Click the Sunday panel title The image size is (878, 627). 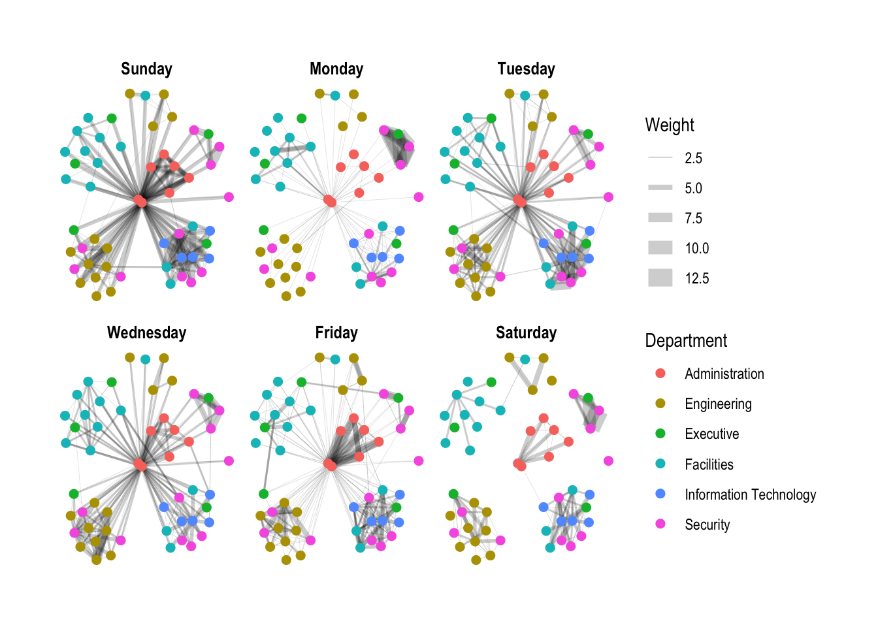(146, 69)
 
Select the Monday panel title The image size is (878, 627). (336, 69)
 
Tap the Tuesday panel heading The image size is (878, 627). (526, 69)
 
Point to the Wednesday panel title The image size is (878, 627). (146, 333)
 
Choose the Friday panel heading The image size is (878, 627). (336, 333)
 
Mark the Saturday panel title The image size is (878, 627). (526, 333)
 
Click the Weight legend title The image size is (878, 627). (670, 125)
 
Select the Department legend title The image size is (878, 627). (686, 341)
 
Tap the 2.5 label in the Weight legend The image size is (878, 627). (693, 158)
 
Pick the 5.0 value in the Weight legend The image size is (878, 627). (693, 188)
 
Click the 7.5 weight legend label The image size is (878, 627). (693, 218)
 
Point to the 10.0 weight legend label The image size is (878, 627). (696, 248)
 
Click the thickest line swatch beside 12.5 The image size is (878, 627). (660, 278)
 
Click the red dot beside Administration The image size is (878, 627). (660, 374)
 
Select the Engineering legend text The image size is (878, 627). (718, 404)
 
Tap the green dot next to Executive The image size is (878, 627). (660, 434)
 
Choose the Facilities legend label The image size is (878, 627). (709, 464)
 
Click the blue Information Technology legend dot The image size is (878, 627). (660, 494)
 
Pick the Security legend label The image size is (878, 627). (707, 524)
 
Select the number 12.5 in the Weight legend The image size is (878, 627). (696, 278)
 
